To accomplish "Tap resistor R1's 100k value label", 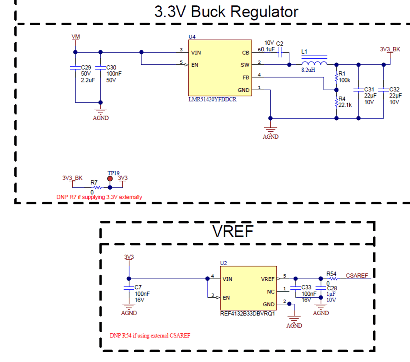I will [344, 80].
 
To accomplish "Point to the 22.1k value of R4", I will [345, 105].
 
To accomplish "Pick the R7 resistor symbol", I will [96, 187].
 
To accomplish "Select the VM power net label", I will [76, 37].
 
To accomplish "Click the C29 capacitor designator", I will [86, 67].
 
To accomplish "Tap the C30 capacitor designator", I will [111, 67].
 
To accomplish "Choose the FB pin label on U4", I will [245, 77].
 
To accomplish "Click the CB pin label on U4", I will [245, 53].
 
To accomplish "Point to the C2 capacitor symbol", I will [281, 53].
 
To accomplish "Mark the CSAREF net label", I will [357, 276].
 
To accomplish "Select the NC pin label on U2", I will [271, 291].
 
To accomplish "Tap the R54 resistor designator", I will [331, 274].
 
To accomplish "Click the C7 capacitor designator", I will [138, 288].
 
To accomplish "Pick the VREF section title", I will [233, 231].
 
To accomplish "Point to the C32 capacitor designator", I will [395, 89].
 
